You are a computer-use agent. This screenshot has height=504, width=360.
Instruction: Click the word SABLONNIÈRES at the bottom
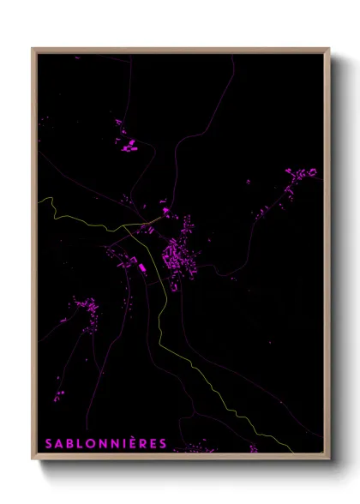[105, 443]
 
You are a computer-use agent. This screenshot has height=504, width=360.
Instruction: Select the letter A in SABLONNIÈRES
[58, 443]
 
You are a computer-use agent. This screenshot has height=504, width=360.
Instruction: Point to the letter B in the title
[69, 443]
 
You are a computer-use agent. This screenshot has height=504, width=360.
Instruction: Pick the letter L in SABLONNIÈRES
[80, 443]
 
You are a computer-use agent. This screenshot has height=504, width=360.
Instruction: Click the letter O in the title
[91, 443]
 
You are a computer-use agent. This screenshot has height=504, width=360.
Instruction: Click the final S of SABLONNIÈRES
[161, 443]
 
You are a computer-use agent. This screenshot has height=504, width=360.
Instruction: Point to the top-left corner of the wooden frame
[33, 48]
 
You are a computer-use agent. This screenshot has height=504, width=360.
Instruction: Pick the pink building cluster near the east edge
[301, 180]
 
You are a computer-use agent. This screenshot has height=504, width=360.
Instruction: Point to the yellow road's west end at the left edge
[39, 198]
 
